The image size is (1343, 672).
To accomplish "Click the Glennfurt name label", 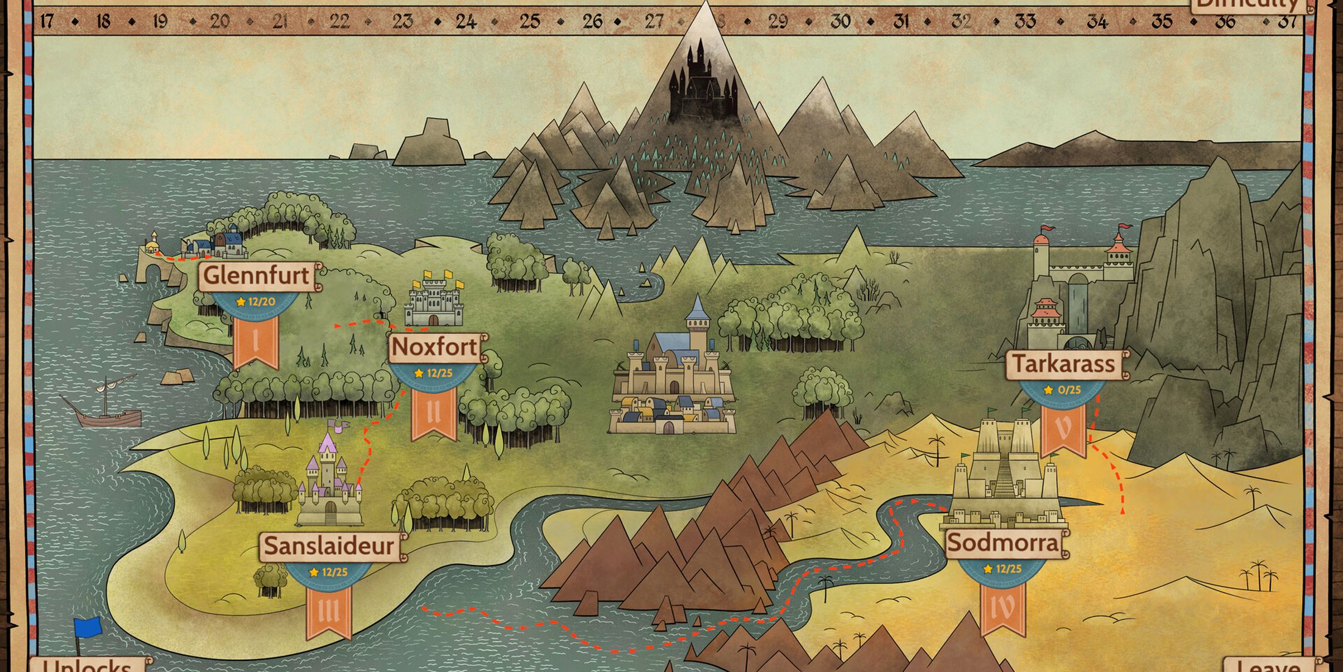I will click(256, 276).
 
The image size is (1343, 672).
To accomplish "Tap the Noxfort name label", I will click(434, 347).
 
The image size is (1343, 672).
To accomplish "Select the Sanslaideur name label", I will click(329, 546).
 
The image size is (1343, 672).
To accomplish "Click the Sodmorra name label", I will click(1003, 542).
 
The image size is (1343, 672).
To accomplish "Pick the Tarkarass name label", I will click(1064, 364).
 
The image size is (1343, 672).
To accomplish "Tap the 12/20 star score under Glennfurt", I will click(256, 302).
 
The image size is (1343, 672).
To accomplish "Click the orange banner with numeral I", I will click(256, 342).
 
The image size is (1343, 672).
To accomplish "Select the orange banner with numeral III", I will click(329, 611).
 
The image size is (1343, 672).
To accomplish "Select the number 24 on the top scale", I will click(466, 22).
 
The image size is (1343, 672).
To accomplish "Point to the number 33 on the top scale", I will click(1025, 22).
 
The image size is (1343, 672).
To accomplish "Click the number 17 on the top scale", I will click(46, 22).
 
